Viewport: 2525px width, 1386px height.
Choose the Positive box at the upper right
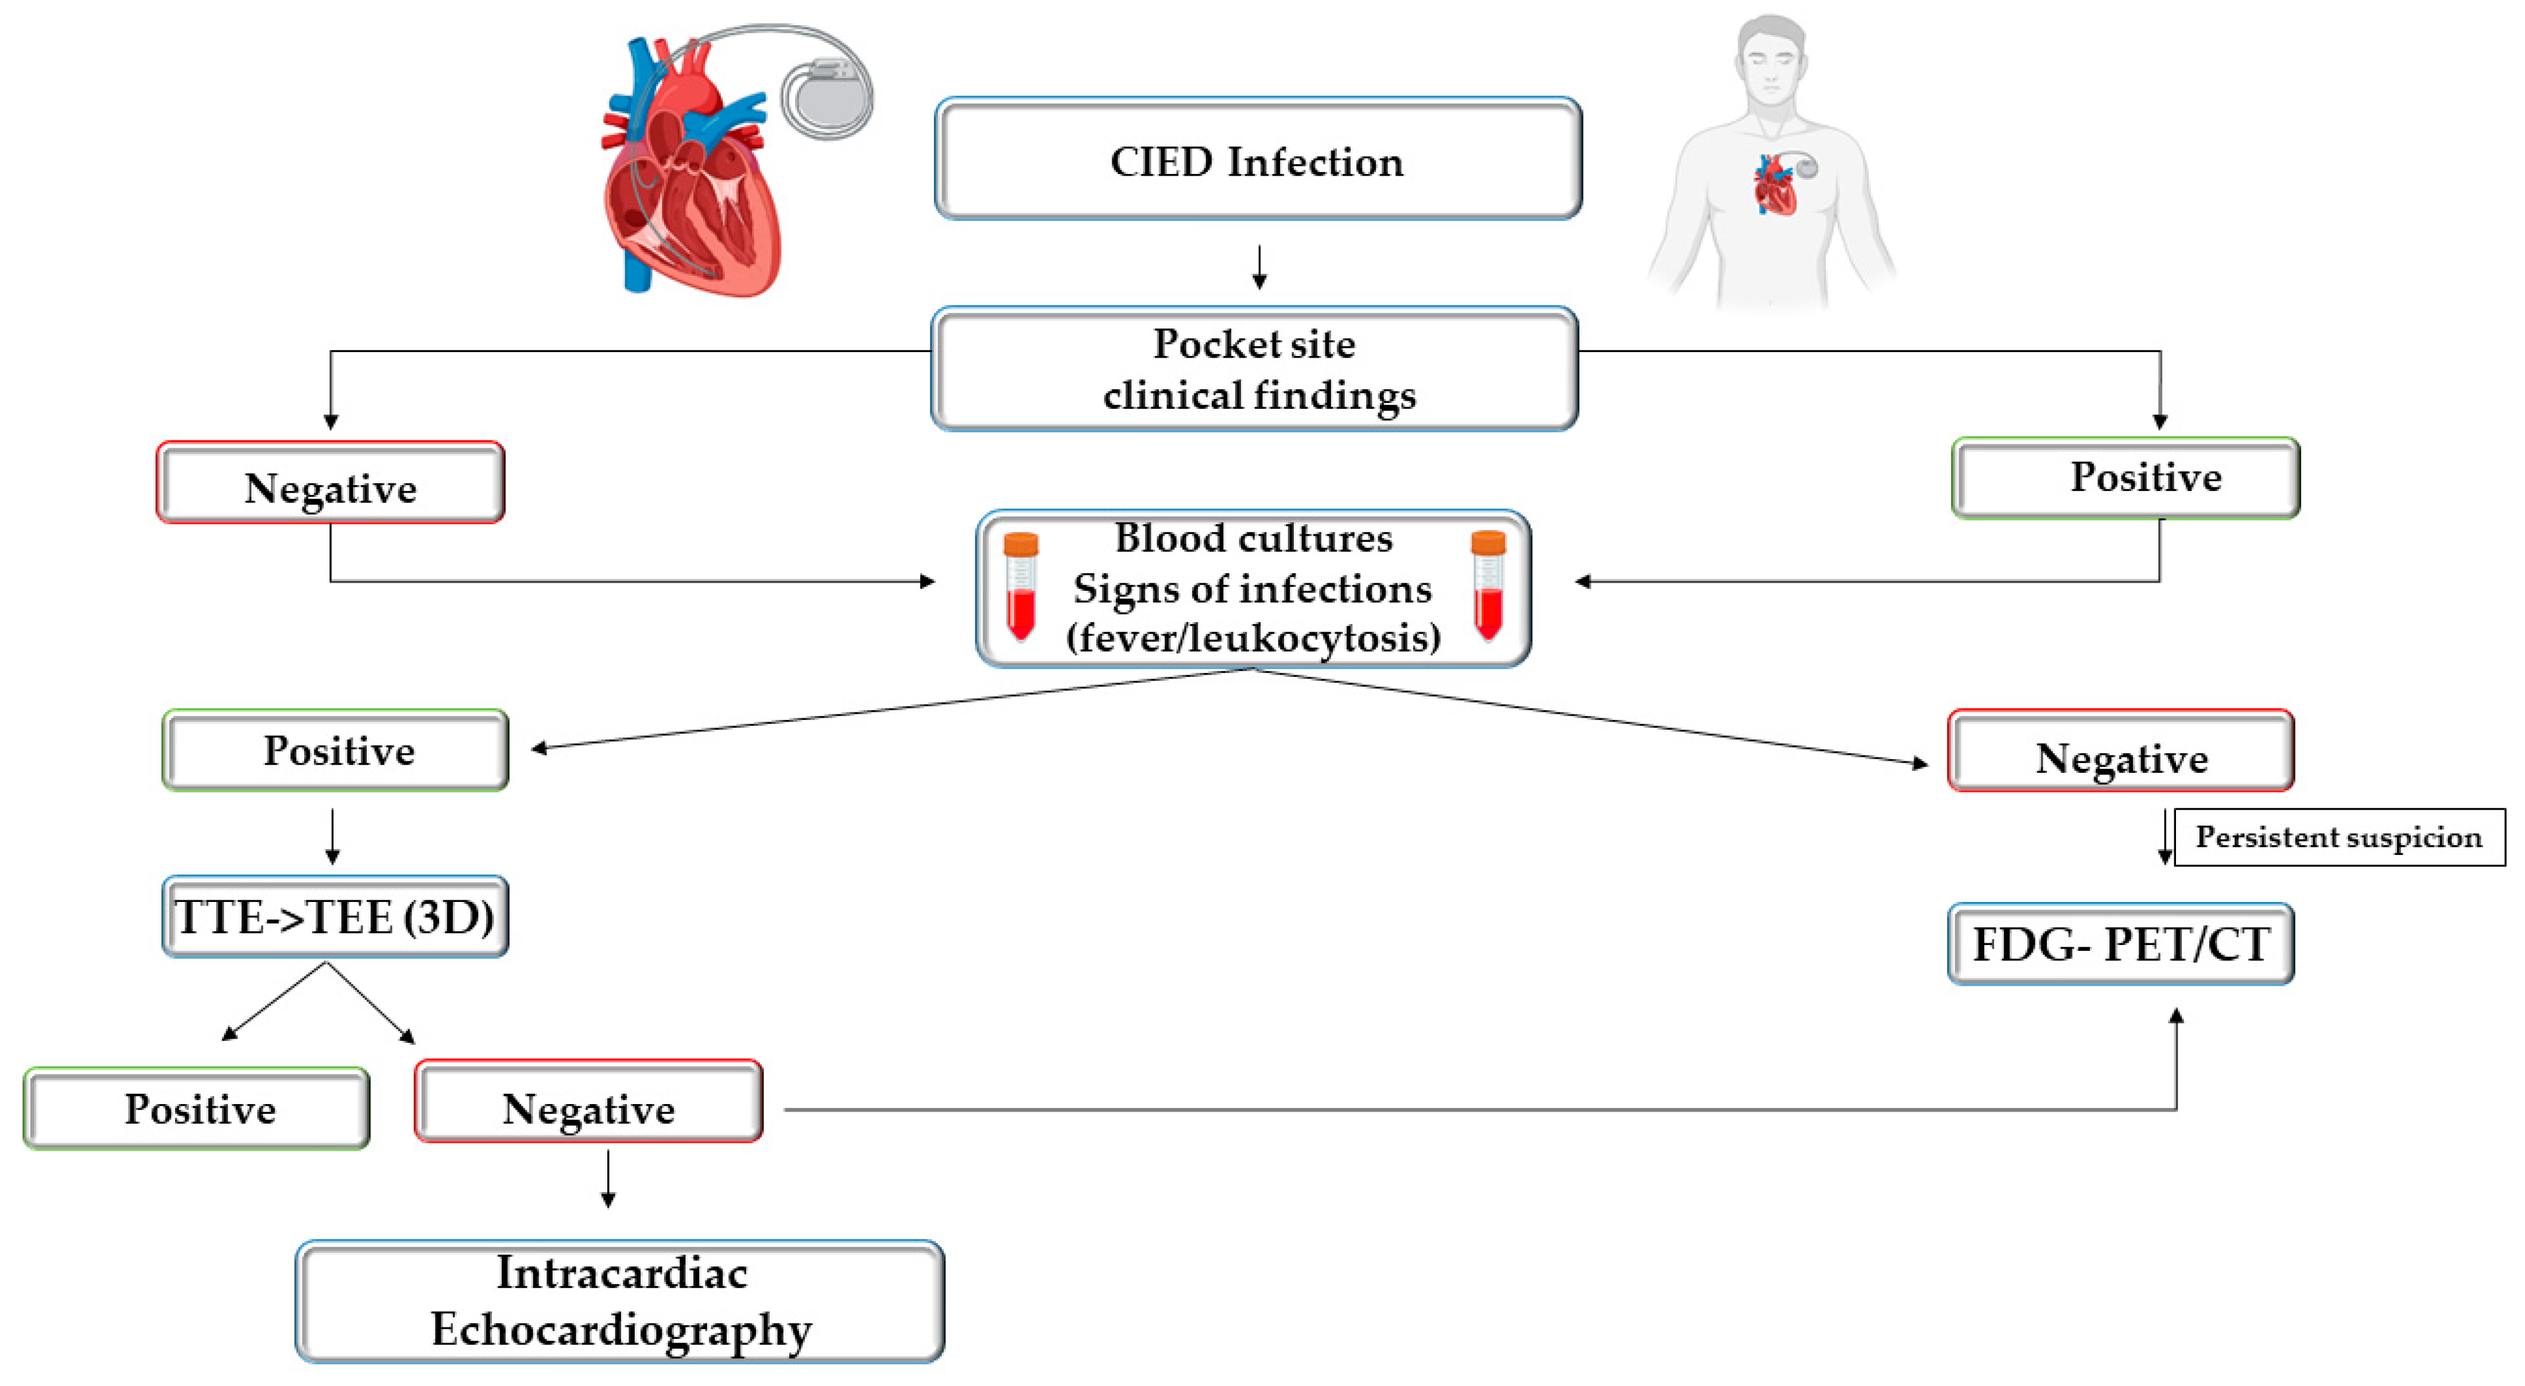pos(2125,478)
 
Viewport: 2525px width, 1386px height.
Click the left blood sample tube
pos(1021,586)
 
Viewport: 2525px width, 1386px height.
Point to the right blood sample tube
pos(1488,586)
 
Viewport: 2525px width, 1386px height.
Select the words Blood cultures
pos(1254,538)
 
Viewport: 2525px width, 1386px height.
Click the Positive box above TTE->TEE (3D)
pos(335,750)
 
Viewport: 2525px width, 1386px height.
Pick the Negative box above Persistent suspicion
pos(2121,751)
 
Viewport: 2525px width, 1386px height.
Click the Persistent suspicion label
pos(2340,837)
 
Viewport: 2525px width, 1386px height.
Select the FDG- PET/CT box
pos(2121,944)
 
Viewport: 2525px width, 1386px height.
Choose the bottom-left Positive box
pos(197,1109)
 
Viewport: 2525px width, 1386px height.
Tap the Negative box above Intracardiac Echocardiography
pos(589,1101)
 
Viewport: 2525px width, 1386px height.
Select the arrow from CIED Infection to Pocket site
pos(1259,266)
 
